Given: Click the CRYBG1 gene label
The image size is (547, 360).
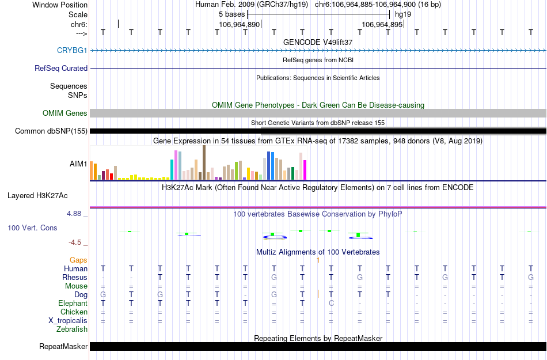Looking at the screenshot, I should (72, 50).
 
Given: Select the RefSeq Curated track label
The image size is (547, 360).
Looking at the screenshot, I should (61, 68).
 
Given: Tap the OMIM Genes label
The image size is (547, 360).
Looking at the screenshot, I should (65, 113).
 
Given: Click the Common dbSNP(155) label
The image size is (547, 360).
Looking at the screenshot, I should (51, 131).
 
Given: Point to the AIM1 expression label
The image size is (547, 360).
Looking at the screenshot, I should (78, 164).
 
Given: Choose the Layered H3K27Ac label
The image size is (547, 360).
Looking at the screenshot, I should (37, 195).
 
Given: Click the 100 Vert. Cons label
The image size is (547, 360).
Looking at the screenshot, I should (32, 228).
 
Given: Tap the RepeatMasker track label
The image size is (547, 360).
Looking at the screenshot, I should (63, 346).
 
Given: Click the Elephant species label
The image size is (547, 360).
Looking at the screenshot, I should (73, 303).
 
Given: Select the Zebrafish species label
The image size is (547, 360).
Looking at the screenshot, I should (72, 329).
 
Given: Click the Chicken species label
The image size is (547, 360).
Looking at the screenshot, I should (74, 312).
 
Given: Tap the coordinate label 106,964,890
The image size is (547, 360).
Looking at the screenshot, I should (240, 25).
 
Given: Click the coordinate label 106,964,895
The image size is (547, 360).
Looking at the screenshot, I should (382, 25).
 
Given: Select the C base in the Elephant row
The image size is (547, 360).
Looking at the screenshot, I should (331, 303).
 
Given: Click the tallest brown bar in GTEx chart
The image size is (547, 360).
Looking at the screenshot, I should (204, 162).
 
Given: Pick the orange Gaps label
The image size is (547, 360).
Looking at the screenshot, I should (79, 260).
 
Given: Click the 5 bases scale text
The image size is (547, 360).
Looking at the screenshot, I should (232, 14).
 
